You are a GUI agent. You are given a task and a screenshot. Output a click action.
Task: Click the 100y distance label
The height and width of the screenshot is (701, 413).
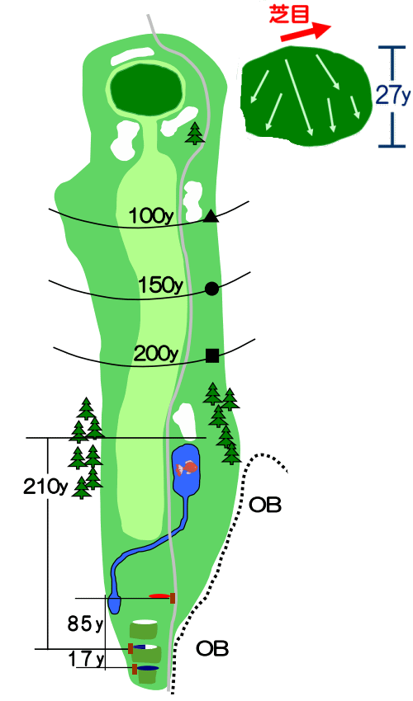[151, 216]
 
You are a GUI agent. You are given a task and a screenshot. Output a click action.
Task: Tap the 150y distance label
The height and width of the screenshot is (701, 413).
[160, 285]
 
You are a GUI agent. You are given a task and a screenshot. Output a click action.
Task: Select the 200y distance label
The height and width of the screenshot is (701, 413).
[156, 354]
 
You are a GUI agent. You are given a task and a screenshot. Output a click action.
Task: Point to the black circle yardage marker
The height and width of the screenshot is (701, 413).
[212, 289]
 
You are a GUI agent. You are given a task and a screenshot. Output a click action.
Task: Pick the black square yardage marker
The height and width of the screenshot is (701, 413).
[212, 356]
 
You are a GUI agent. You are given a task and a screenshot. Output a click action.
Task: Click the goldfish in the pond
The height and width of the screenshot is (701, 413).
[187, 468]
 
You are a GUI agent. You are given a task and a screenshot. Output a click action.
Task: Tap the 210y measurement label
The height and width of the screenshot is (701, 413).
[45, 487]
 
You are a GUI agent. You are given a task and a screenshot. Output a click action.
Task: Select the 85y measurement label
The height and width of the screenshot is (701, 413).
[85, 623]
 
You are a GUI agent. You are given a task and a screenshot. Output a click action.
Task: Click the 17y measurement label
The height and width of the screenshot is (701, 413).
[86, 658]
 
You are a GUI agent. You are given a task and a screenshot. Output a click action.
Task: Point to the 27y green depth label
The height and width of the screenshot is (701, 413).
[393, 95]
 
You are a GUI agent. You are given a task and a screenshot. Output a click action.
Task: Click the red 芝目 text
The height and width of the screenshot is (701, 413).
[289, 14]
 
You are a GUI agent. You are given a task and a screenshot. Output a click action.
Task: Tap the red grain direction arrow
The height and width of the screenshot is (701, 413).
[306, 32]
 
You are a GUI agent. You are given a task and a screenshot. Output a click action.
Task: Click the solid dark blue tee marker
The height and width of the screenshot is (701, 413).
[147, 668]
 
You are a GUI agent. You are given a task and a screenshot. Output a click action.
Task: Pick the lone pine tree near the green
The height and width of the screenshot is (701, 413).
[195, 134]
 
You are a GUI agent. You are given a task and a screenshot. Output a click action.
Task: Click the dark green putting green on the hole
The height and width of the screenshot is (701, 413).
[147, 89]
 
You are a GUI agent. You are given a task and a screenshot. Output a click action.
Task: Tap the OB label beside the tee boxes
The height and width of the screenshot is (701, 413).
[212, 648]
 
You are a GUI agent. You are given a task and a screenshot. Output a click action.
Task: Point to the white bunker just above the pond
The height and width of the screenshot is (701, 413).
[184, 419]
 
